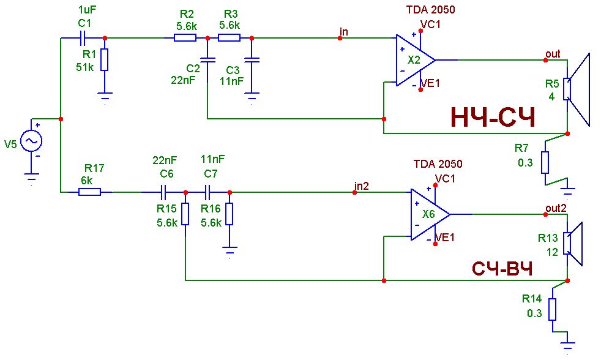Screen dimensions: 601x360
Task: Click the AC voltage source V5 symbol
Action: click(31, 141)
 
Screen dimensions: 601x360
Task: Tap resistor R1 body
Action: click(104, 59)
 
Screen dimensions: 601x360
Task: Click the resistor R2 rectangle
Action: click(185, 37)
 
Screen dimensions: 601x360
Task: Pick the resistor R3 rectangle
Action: click(230, 37)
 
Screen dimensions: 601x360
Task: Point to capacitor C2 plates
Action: click(207, 60)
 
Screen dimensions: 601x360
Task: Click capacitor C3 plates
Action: click(252, 60)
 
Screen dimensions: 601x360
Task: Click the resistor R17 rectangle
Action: click(90, 192)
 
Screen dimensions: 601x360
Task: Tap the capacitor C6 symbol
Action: click(163, 192)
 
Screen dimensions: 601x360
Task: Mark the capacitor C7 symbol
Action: click(207, 192)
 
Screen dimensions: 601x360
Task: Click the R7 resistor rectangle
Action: click(545, 163)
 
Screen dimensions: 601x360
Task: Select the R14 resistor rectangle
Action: click(552, 309)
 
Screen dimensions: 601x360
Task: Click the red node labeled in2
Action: click(354, 192)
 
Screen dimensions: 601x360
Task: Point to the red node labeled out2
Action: click(545, 214)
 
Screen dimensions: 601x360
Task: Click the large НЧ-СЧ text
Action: click(493, 118)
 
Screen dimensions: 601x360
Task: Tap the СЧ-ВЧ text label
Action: click(502, 269)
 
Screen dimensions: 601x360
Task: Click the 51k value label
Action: click(84, 67)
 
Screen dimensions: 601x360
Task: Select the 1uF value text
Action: click(87, 10)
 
